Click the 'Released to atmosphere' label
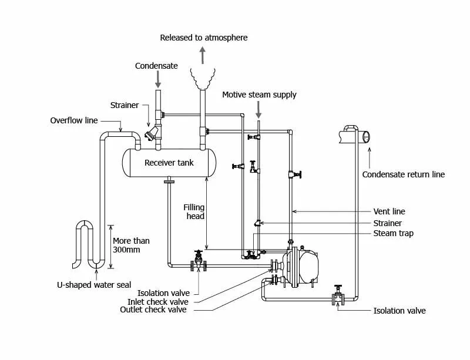tap(204, 38)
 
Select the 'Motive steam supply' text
tap(259, 95)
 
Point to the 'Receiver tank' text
tap(169, 162)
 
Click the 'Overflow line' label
tap(74, 120)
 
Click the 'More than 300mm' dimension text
tap(130, 245)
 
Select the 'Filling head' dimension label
tap(194, 211)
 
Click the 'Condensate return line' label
tap(403, 174)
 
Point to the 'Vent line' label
tap(389, 211)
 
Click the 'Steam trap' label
tap(393, 233)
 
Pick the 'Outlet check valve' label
tap(153, 309)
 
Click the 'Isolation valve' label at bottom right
tap(399, 310)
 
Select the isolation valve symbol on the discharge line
tap(338, 295)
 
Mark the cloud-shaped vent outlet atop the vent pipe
tap(203, 77)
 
